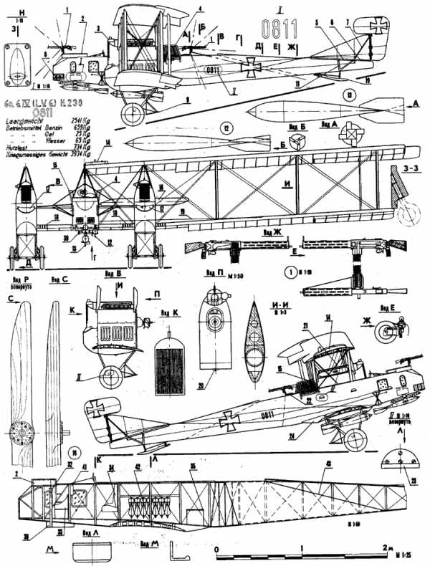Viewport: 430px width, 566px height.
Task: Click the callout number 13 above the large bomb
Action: (x=349, y=95)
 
